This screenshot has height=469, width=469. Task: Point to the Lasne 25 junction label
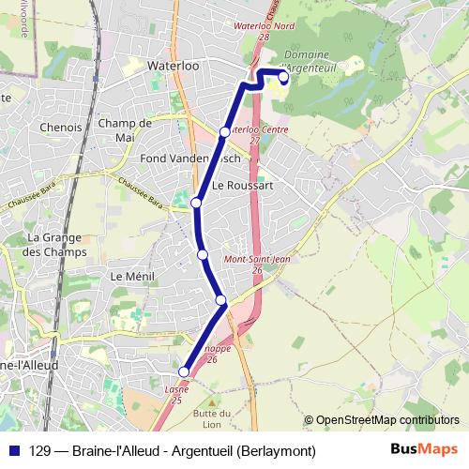click(176, 394)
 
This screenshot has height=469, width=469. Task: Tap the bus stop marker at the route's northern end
click(283, 77)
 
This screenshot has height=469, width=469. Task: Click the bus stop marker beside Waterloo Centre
click(224, 132)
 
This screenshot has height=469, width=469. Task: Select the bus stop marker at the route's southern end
click(184, 372)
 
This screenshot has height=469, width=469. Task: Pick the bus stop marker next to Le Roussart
click(197, 203)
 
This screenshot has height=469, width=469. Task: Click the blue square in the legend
click(14, 450)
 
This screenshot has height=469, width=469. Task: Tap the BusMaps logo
click(424, 449)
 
